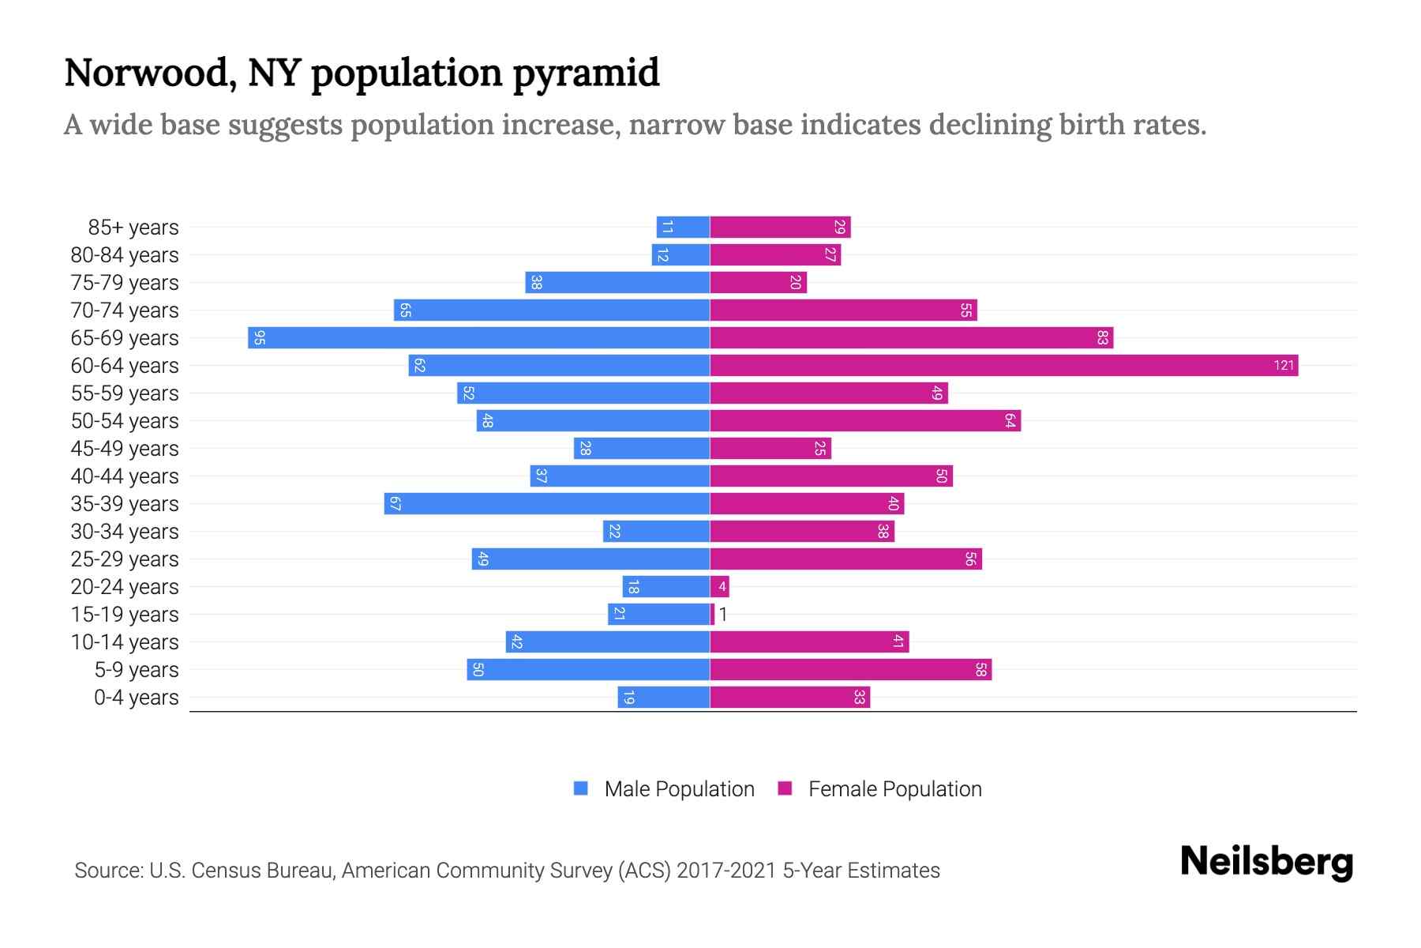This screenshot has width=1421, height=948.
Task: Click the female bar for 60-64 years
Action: coord(1003,365)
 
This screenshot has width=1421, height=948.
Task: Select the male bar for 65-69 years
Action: coord(478,337)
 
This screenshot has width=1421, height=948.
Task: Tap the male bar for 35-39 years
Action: coord(546,503)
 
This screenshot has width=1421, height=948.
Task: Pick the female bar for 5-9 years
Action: coord(850,669)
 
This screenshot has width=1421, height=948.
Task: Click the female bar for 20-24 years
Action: coord(719,586)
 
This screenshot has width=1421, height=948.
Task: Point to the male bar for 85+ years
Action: coord(683,227)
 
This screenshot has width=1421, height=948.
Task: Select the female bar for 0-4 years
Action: coord(789,697)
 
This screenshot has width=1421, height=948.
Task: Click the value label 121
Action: coord(1284,365)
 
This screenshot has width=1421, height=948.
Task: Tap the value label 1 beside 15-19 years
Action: coord(722,615)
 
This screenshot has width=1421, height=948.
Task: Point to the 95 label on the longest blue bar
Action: coord(260,338)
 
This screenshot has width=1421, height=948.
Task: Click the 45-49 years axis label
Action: coord(125,449)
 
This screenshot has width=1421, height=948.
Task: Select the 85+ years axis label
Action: coord(133,228)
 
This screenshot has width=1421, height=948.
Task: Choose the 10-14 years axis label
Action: coord(125,642)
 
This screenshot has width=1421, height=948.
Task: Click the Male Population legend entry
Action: coord(679,788)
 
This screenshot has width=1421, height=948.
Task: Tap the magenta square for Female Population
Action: coord(785,788)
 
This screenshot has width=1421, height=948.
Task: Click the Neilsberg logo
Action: coord(1266,863)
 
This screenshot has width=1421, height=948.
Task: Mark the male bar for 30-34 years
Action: coord(656,531)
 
